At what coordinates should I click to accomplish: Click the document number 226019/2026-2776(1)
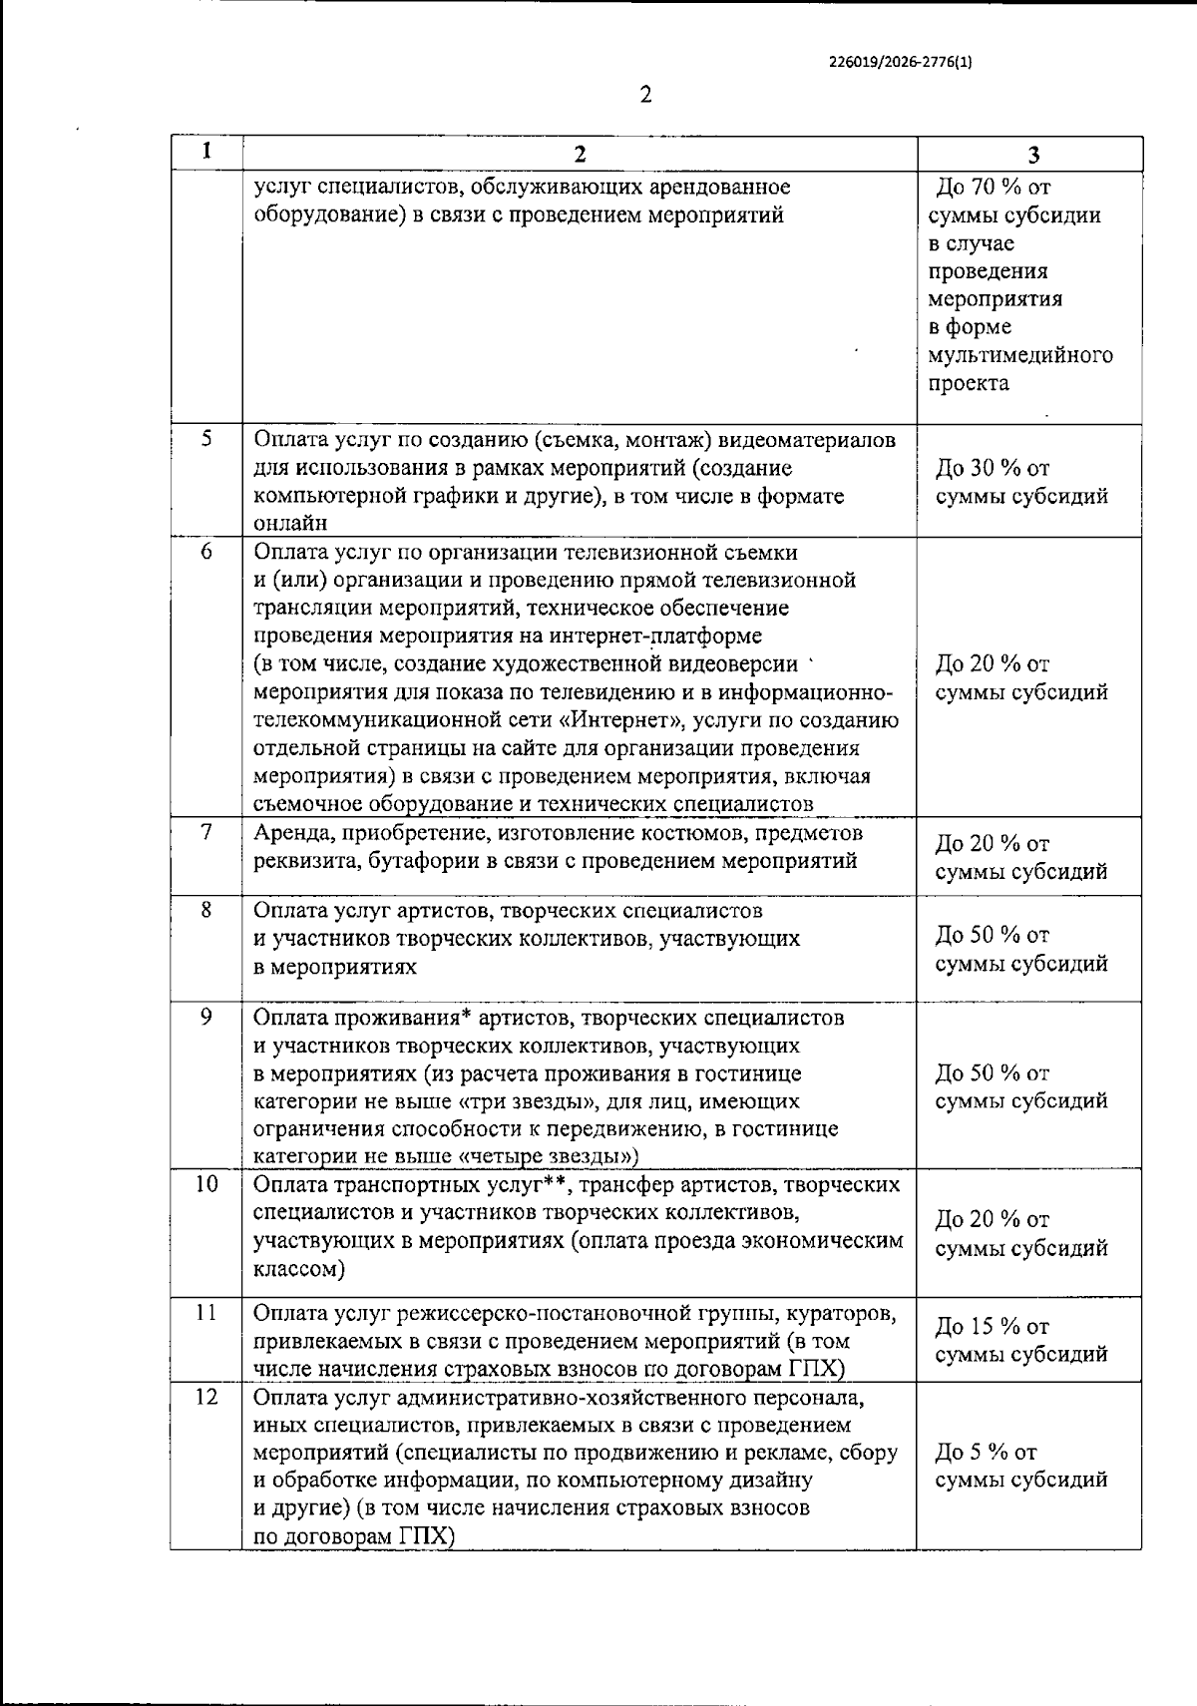tap(900, 62)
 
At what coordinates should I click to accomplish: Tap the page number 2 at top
tap(644, 95)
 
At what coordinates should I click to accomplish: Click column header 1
tap(205, 152)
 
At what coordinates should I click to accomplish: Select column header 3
tap(1033, 154)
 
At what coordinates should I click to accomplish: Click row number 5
tap(206, 439)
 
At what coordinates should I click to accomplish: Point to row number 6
tap(206, 551)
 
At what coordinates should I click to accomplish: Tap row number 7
tap(206, 832)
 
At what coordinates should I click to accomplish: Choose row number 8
tap(206, 910)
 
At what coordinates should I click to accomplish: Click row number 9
tap(206, 1017)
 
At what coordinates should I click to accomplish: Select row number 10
tap(205, 1184)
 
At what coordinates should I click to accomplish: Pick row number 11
tap(205, 1312)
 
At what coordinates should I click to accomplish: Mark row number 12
tap(205, 1397)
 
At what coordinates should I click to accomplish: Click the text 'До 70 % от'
tap(994, 188)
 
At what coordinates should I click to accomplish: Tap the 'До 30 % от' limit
tap(993, 468)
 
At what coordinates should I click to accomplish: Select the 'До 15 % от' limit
tap(993, 1326)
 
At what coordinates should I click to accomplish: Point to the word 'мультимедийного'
tap(1019, 355)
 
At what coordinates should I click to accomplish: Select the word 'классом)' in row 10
tap(299, 1270)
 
